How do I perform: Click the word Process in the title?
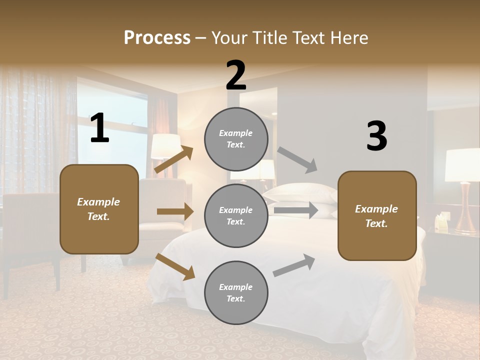[157, 38]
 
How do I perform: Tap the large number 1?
[99, 128]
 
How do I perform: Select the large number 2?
[236, 75]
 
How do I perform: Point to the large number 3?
[376, 136]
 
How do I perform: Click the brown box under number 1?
[99, 209]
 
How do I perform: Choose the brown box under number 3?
[377, 215]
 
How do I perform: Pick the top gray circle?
[236, 139]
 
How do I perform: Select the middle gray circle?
[236, 215]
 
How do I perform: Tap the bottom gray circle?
[236, 292]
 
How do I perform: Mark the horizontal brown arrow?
[174, 211]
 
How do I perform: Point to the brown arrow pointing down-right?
[174, 266]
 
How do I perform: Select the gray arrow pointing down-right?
[297, 160]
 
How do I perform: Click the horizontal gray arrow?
[295, 210]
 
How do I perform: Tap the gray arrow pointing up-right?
[294, 265]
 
